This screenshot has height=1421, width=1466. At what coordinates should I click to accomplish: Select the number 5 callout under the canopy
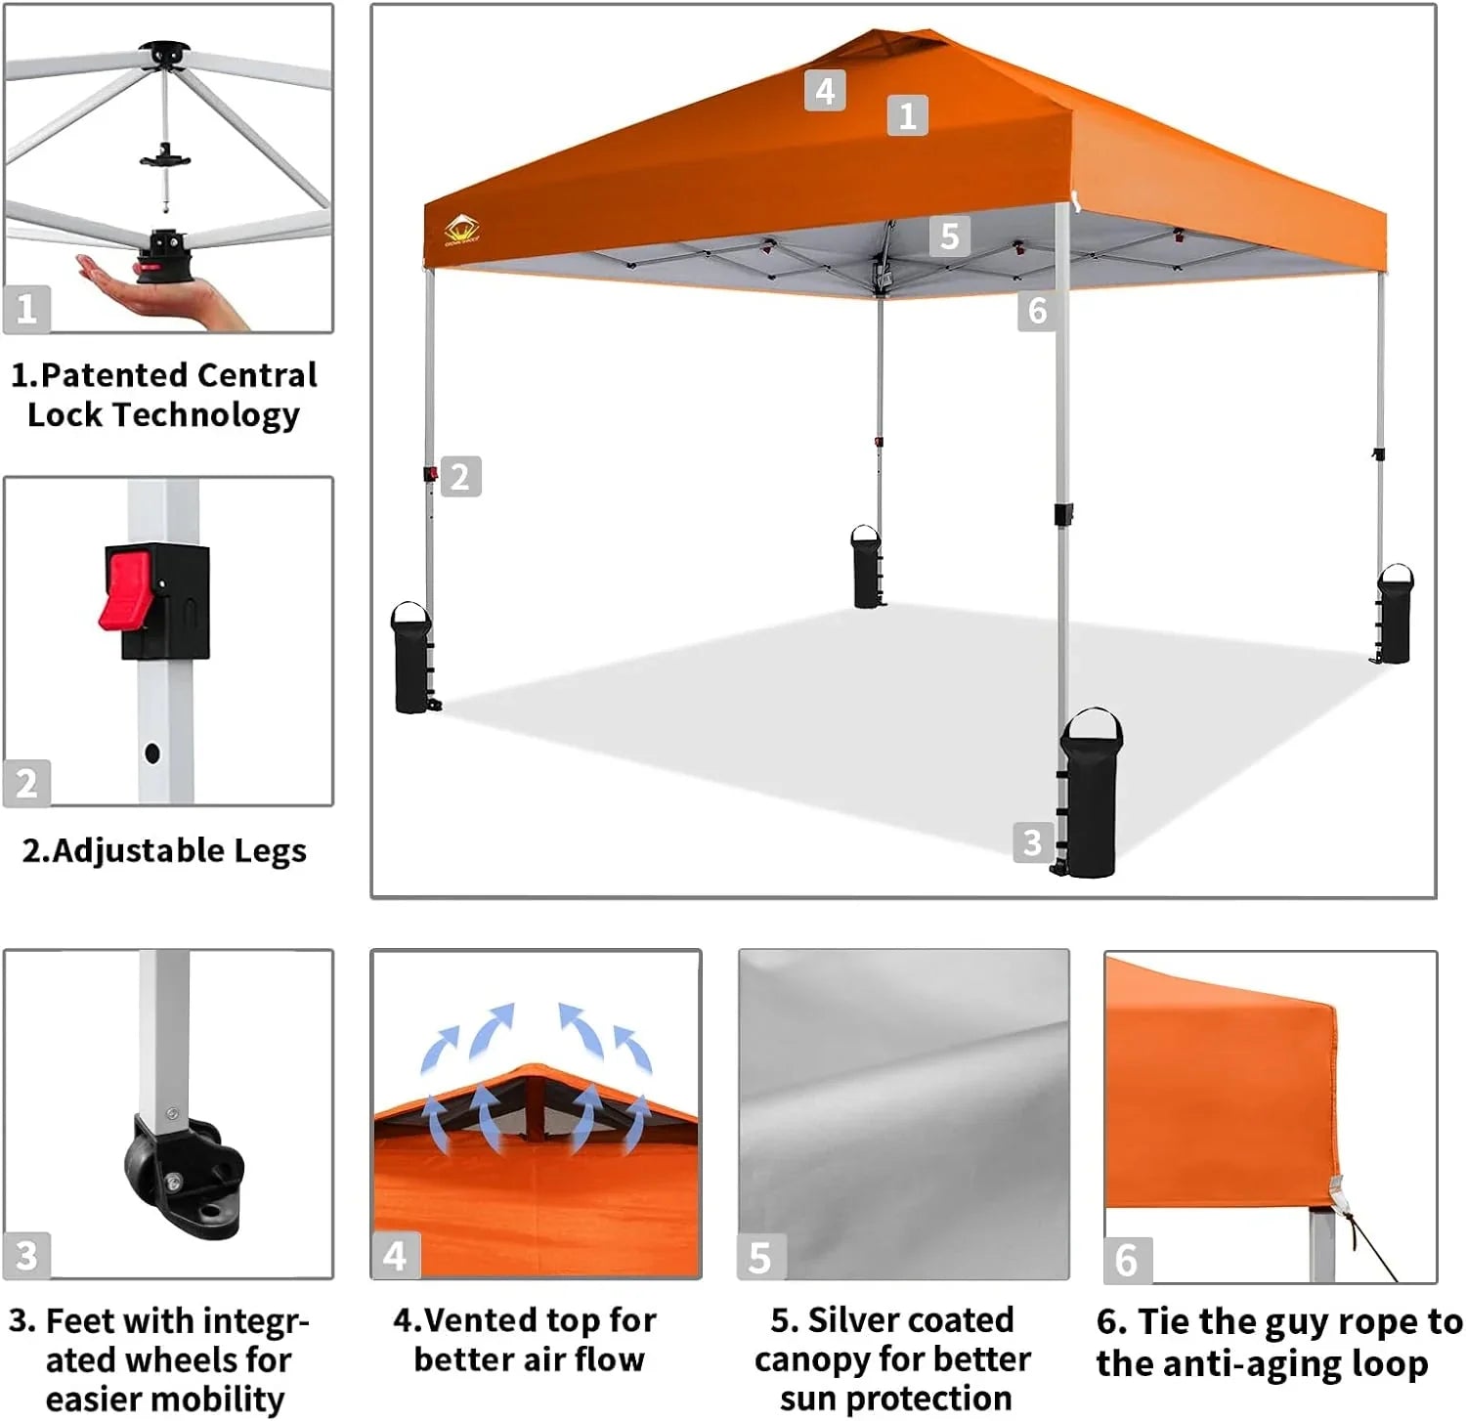tap(949, 237)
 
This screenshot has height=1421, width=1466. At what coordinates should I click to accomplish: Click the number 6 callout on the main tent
tap(1037, 311)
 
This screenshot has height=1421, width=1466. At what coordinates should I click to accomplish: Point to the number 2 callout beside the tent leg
tap(460, 477)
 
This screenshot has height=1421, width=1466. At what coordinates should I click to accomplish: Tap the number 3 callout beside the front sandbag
tap(1032, 842)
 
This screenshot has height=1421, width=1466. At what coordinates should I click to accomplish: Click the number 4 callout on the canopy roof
tap(825, 91)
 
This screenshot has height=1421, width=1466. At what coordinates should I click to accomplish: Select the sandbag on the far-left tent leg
tap(411, 659)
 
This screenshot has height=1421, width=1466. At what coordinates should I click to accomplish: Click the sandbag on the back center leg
tap(866, 568)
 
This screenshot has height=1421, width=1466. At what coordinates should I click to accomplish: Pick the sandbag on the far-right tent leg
tap(1395, 615)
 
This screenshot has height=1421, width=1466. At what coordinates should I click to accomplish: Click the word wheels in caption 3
tap(242, 1359)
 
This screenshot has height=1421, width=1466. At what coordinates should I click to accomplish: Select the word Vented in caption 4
tap(480, 1320)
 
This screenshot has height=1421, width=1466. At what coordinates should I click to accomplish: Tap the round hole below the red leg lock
tap(151, 753)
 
